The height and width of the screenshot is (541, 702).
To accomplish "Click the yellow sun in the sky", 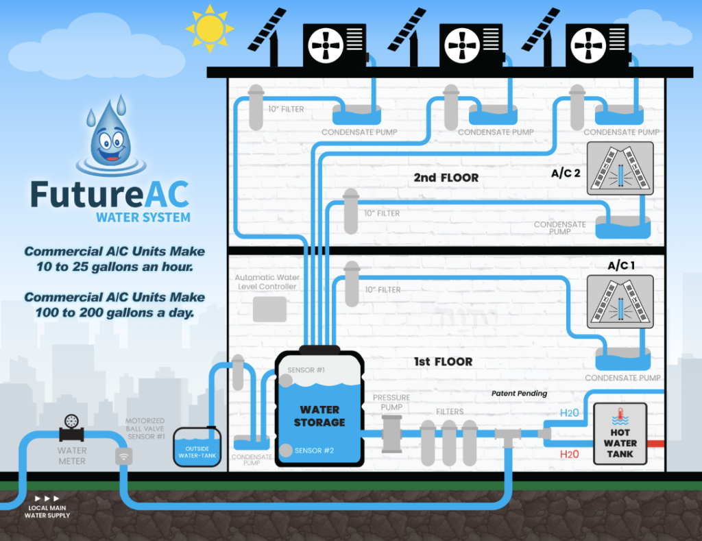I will click(209, 28).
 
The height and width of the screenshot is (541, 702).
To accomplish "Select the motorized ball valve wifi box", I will click(124, 456).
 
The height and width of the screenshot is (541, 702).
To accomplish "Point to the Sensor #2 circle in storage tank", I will click(286, 450).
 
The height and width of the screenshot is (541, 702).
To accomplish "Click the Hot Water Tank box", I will click(620, 434).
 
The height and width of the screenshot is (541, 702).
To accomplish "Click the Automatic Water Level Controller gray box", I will click(269, 309).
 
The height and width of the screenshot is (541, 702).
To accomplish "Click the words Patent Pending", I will click(519, 394).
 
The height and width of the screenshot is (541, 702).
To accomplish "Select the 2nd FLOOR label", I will click(446, 178).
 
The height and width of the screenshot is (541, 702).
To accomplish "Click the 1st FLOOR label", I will click(443, 361).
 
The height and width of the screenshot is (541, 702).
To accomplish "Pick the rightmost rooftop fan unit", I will click(596, 46).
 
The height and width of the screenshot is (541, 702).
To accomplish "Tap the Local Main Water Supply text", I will click(47, 511).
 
